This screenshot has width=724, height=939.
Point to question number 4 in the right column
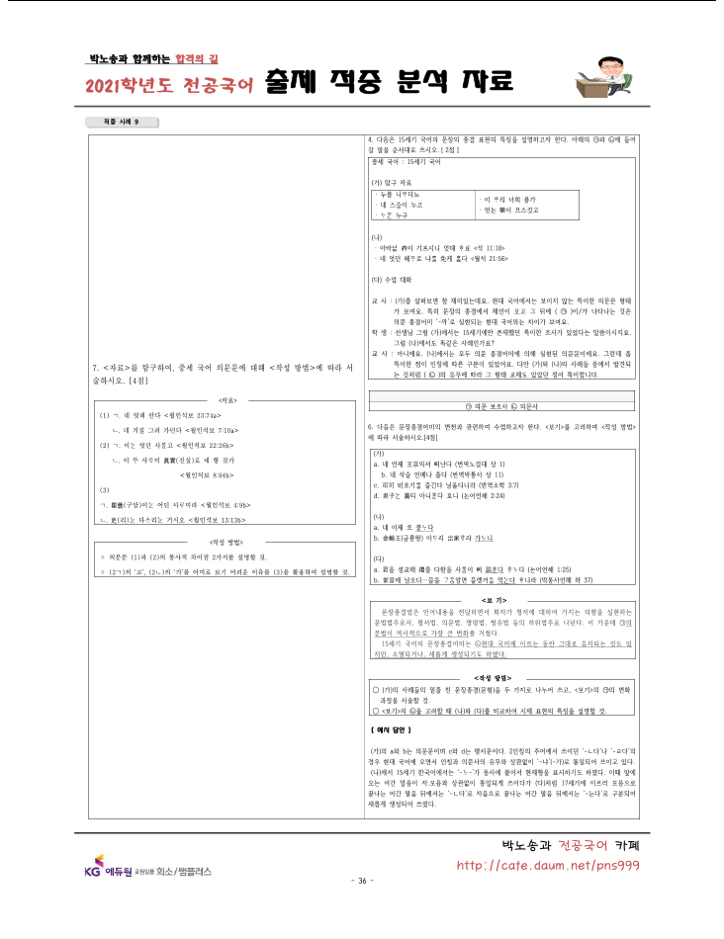click(x=369, y=140)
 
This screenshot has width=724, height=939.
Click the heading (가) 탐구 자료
click(x=394, y=183)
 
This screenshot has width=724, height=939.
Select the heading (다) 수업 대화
click(x=394, y=280)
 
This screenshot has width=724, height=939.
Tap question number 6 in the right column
click(x=369, y=426)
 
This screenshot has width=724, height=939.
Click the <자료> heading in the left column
click(x=226, y=399)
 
